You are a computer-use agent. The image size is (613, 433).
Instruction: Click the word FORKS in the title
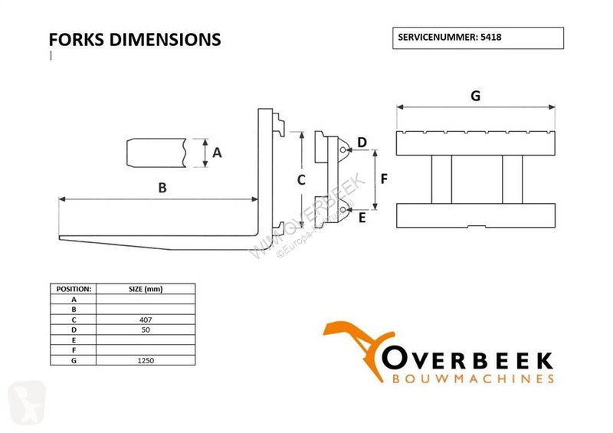(76, 40)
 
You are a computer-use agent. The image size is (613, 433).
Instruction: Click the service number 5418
(490, 37)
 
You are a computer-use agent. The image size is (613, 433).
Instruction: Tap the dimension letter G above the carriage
(475, 96)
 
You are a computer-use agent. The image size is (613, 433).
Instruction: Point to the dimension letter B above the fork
(162, 188)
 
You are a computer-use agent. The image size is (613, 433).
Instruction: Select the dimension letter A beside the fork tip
(217, 153)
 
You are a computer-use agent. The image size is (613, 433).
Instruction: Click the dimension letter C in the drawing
(301, 180)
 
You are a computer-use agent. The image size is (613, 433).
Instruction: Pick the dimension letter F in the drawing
(384, 179)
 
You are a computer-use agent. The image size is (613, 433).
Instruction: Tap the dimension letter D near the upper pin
(362, 143)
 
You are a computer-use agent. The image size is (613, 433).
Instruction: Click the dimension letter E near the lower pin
(362, 218)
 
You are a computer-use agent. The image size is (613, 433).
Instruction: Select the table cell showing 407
(146, 320)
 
